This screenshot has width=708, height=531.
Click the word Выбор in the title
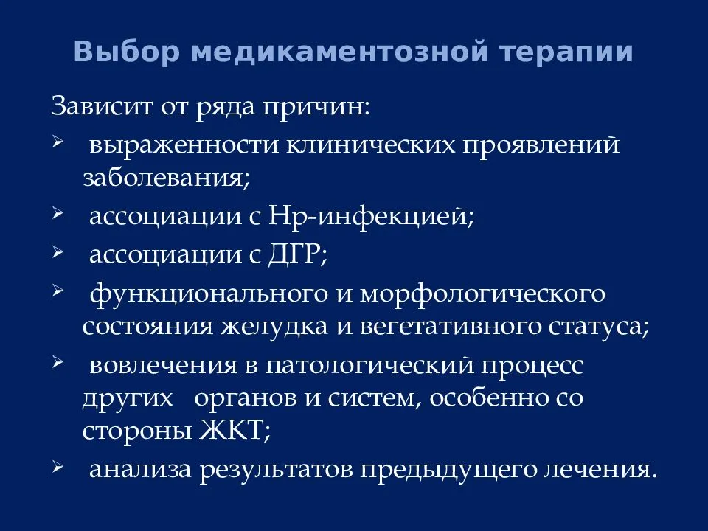[x=126, y=52]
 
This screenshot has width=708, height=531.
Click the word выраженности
[x=184, y=146]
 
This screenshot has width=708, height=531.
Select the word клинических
[x=371, y=145]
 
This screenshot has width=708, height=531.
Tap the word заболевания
[x=166, y=178]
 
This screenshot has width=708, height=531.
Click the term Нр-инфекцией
[x=371, y=217]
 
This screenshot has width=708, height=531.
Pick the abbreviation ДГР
[x=297, y=254]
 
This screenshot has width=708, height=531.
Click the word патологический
[x=369, y=366]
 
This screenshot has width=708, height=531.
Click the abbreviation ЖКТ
[x=235, y=429]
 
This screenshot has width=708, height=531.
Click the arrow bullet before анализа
[x=57, y=465]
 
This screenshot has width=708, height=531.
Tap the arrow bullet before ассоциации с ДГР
[x=57, y=251]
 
